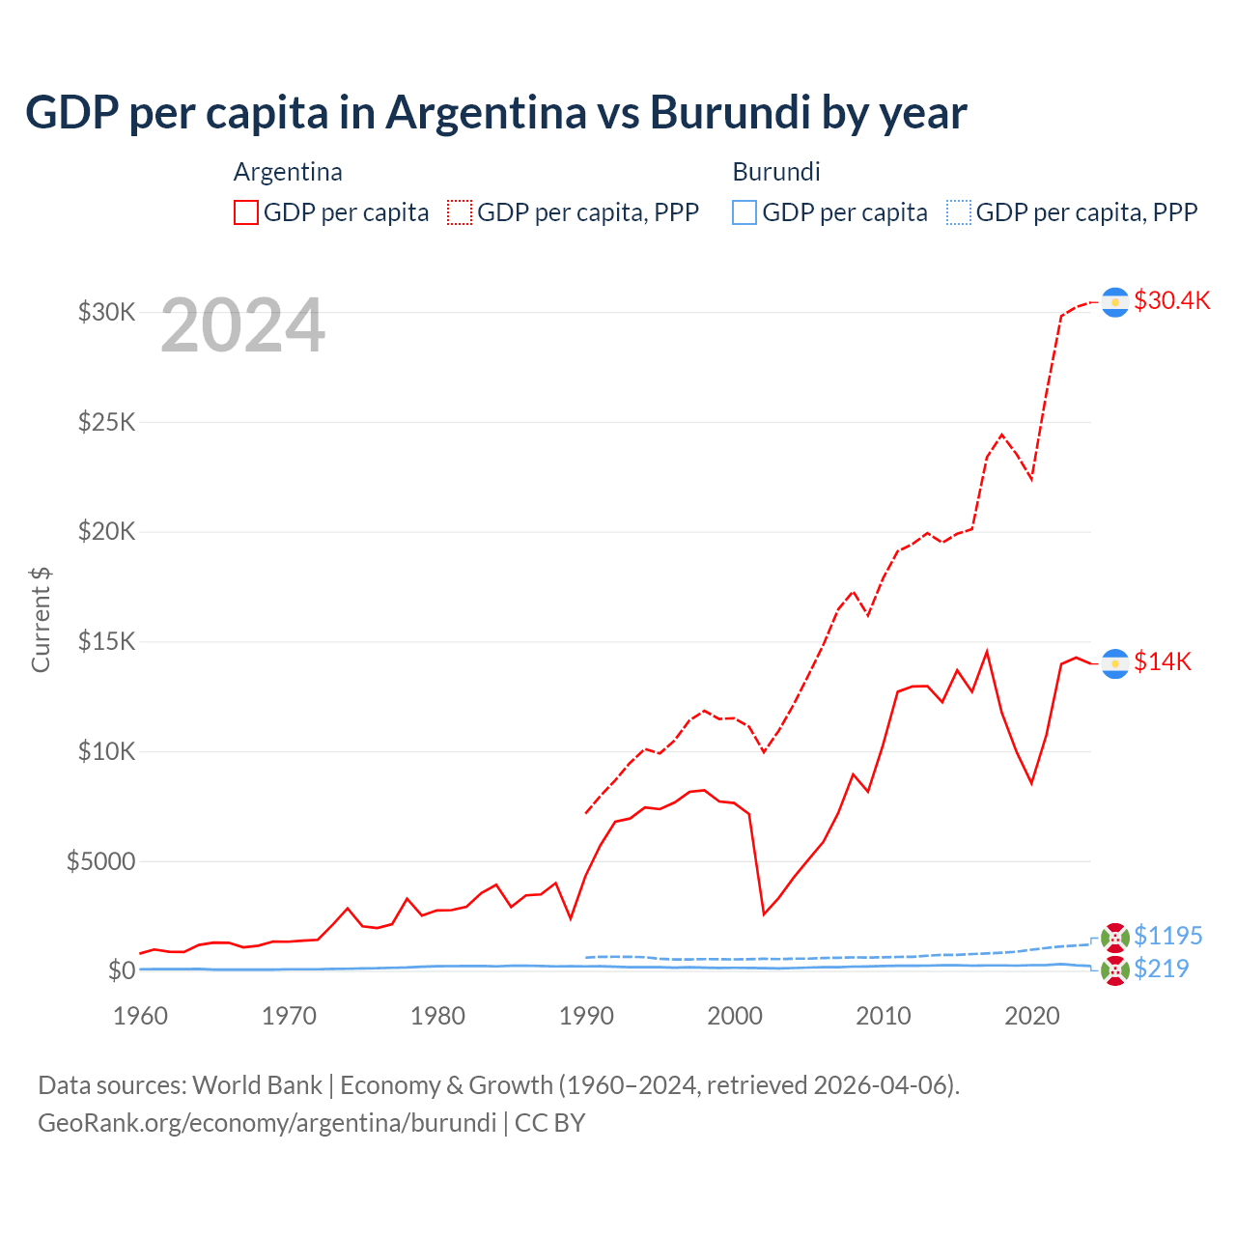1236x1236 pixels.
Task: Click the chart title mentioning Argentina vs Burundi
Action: (x=495, y=112)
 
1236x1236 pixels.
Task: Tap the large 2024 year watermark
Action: (x=242, y=326)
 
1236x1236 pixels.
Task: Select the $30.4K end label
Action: (x=1171, y=300)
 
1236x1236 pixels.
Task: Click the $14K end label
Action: (x=1163, y=661)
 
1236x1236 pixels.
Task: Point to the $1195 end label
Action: (x=1167, y=936)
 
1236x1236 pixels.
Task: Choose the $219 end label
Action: (x=1161, y=969)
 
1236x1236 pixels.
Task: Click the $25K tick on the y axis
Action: (x=106, y=422)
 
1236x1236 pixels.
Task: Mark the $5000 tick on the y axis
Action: (x=100, y=861)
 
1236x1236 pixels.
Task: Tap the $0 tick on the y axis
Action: (x=121, y=970)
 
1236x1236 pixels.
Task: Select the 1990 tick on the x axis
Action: (x=586, y=1016)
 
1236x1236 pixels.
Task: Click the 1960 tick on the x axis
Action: (x=141, y=1016)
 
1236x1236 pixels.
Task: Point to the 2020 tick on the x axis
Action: (x=1031, y=1016)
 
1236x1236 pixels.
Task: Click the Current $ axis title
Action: (x=41, y=620)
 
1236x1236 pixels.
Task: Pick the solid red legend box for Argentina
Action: (x=246, y=212)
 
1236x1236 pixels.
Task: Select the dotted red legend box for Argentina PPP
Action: (x=460, y=212)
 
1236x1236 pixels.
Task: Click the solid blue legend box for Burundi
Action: (x=744, y=212)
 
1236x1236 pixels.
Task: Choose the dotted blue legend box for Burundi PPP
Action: (x=959, y=212)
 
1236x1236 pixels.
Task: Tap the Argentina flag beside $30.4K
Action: (x=1115, y=302)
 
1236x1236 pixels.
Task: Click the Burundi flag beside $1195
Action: (x=1115, y=938)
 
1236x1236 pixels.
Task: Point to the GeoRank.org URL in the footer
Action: (x=267, y=1123)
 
